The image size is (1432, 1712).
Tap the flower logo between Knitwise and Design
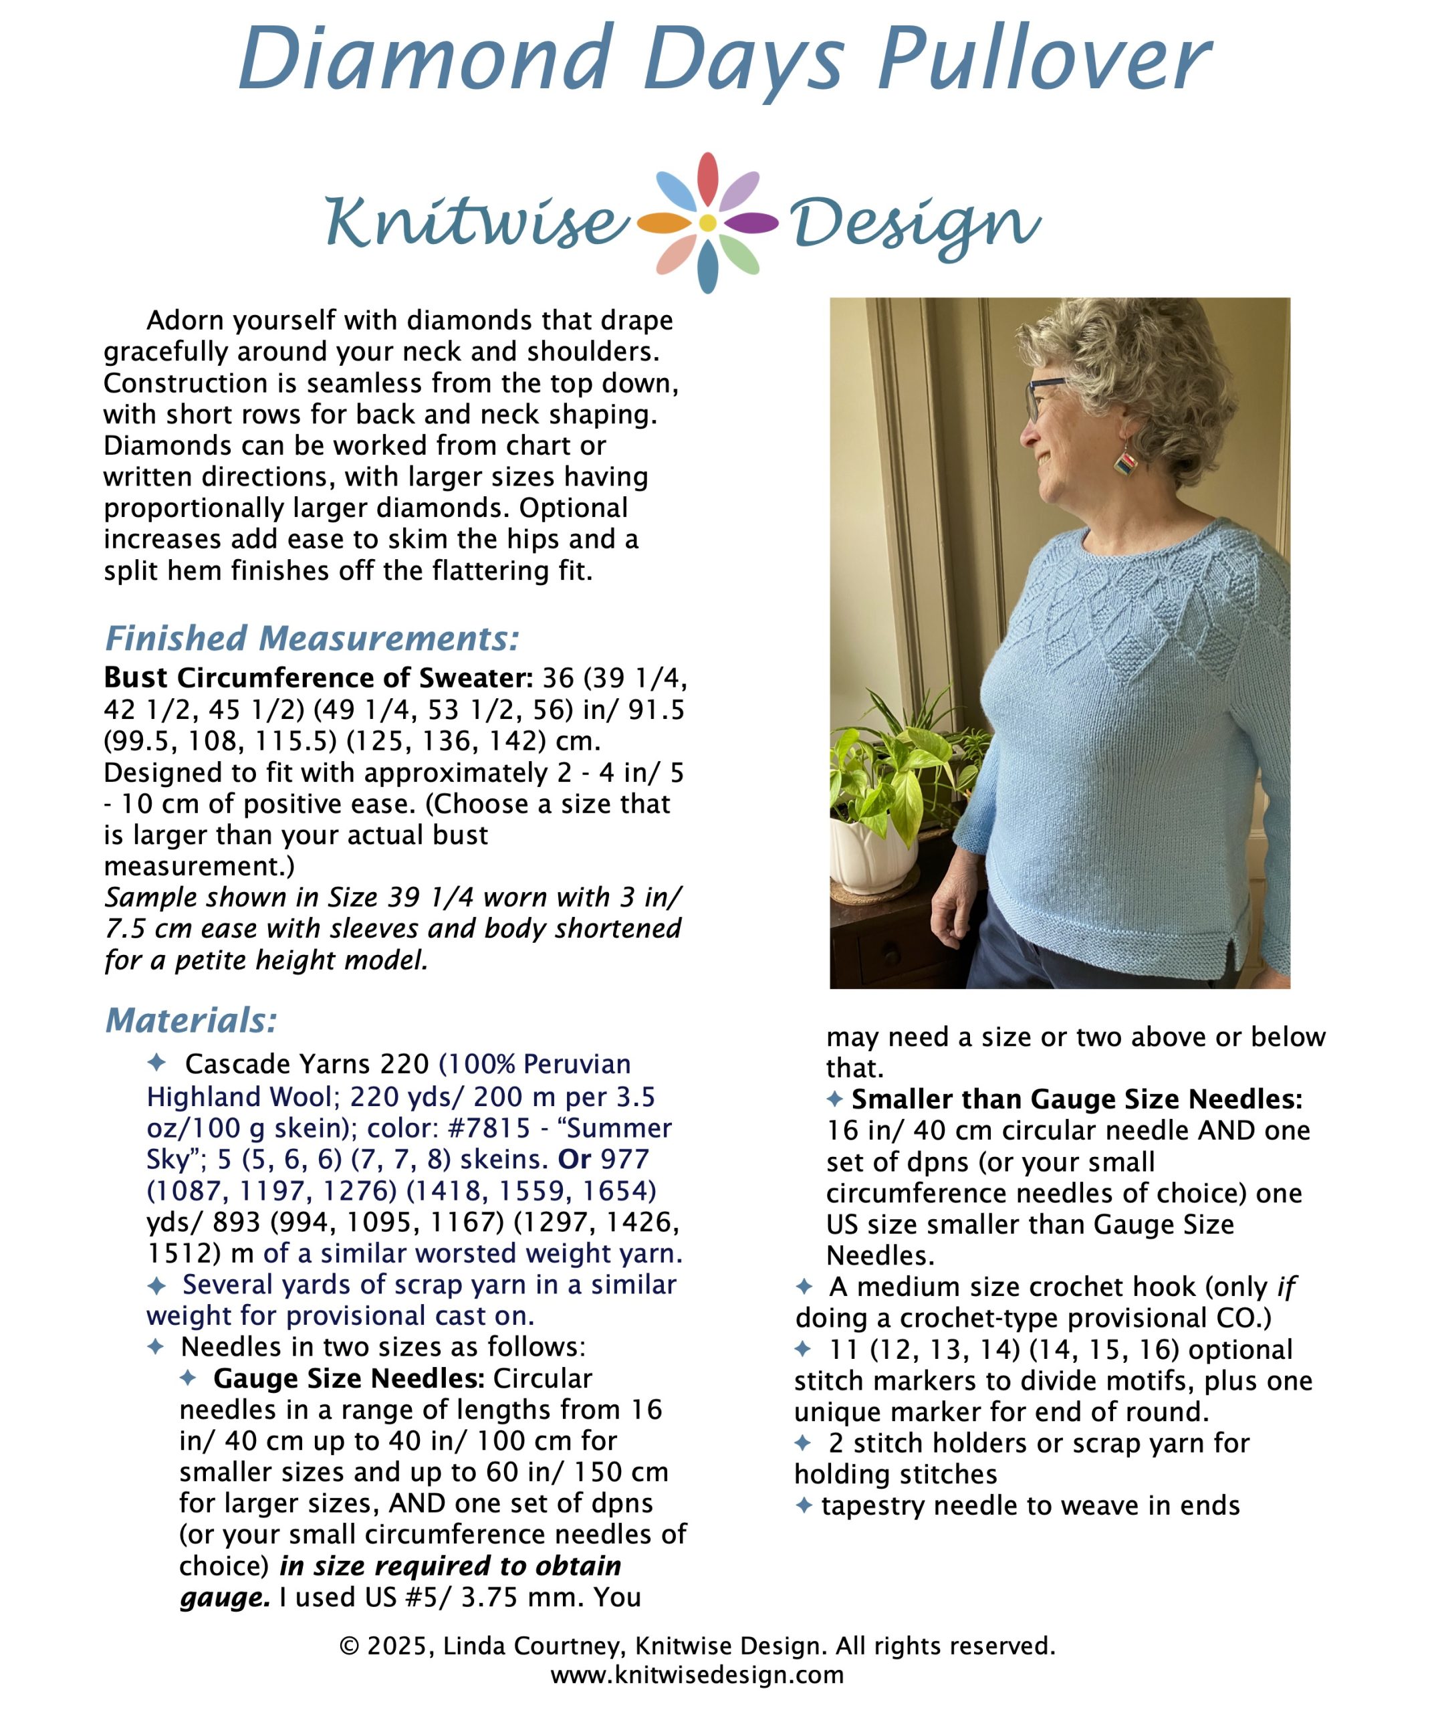[707, 222]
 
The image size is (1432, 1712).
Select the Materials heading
[191, 1020]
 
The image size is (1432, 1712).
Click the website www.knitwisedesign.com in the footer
[698, 1675]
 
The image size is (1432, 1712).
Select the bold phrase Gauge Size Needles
[349, 1378]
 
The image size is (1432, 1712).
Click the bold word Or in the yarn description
[574, 1158]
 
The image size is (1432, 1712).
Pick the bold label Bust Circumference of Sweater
[318, 677]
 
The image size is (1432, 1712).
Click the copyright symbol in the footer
[349, 1646]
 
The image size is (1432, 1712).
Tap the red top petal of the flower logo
[707, 176]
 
